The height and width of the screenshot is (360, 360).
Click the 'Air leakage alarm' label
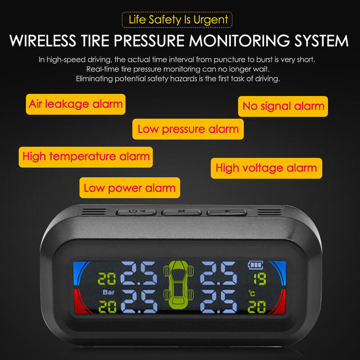(x=76, y=104)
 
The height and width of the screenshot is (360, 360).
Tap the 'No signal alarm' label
(x=283, y=106)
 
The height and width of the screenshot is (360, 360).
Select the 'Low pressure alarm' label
(x=188, y=129)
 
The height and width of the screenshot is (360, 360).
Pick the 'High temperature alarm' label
(x=86, y=157)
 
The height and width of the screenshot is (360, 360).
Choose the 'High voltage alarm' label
(x=266, y=168)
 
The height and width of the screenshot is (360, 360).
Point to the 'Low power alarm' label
(x=130, y=188)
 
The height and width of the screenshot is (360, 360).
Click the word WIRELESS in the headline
(x=43, y=40)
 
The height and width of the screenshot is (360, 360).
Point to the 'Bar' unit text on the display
(x=108, y=292)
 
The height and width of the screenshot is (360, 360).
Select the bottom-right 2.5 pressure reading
(x=218, y=302)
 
